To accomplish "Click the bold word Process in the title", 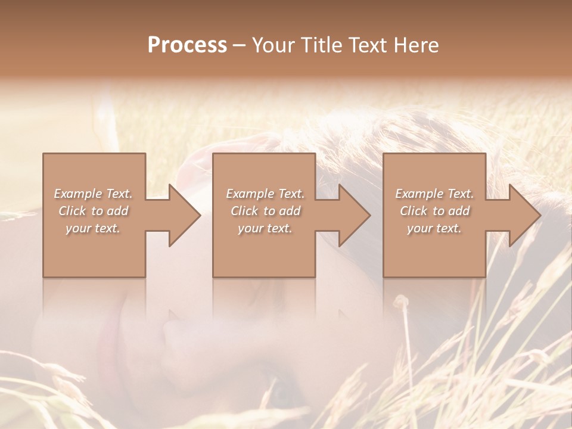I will [x=187, y=45].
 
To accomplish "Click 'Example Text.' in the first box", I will [x=93, y=194].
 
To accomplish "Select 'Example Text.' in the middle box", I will [x=265, y=194].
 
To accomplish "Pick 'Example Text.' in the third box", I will [x=434, y=194].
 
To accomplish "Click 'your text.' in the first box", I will [x=93, y=228].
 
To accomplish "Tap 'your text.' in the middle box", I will [x=265, y=228].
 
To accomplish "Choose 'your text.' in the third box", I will [x=434, y=228].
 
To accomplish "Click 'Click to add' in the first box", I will [x=93, y=211].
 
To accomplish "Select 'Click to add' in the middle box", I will [x=265, y=211].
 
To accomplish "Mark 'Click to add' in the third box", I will [x=434, y=211].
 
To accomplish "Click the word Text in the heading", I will [x=365, y=45].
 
